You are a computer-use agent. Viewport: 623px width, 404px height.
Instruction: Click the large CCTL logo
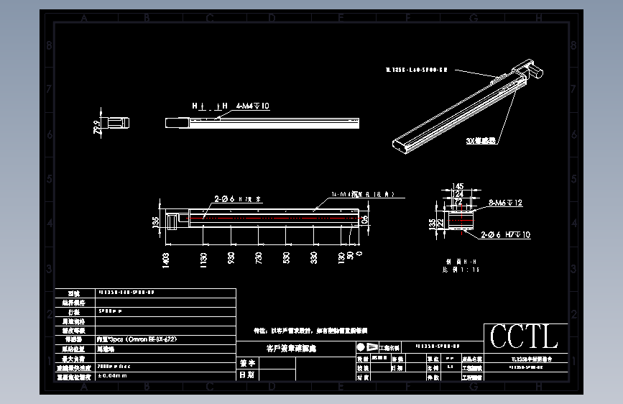click(x=524, y=336)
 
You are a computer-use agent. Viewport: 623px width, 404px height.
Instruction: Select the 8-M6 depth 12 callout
click(x=505, y=203)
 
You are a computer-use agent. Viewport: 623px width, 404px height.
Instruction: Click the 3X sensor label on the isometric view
click(x=481, y=141)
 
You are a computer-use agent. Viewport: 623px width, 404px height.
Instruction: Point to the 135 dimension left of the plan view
click(x=155, y=222)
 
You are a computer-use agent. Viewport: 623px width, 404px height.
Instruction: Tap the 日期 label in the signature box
click(x=246, y=375)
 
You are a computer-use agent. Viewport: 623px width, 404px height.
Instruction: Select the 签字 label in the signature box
click(x=246, y=364)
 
